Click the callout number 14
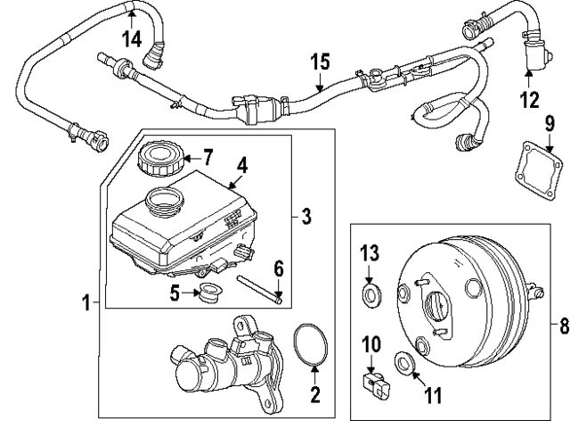132,38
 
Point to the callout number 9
551,123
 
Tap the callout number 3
305,216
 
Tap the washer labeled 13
369,293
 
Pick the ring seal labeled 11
403,363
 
